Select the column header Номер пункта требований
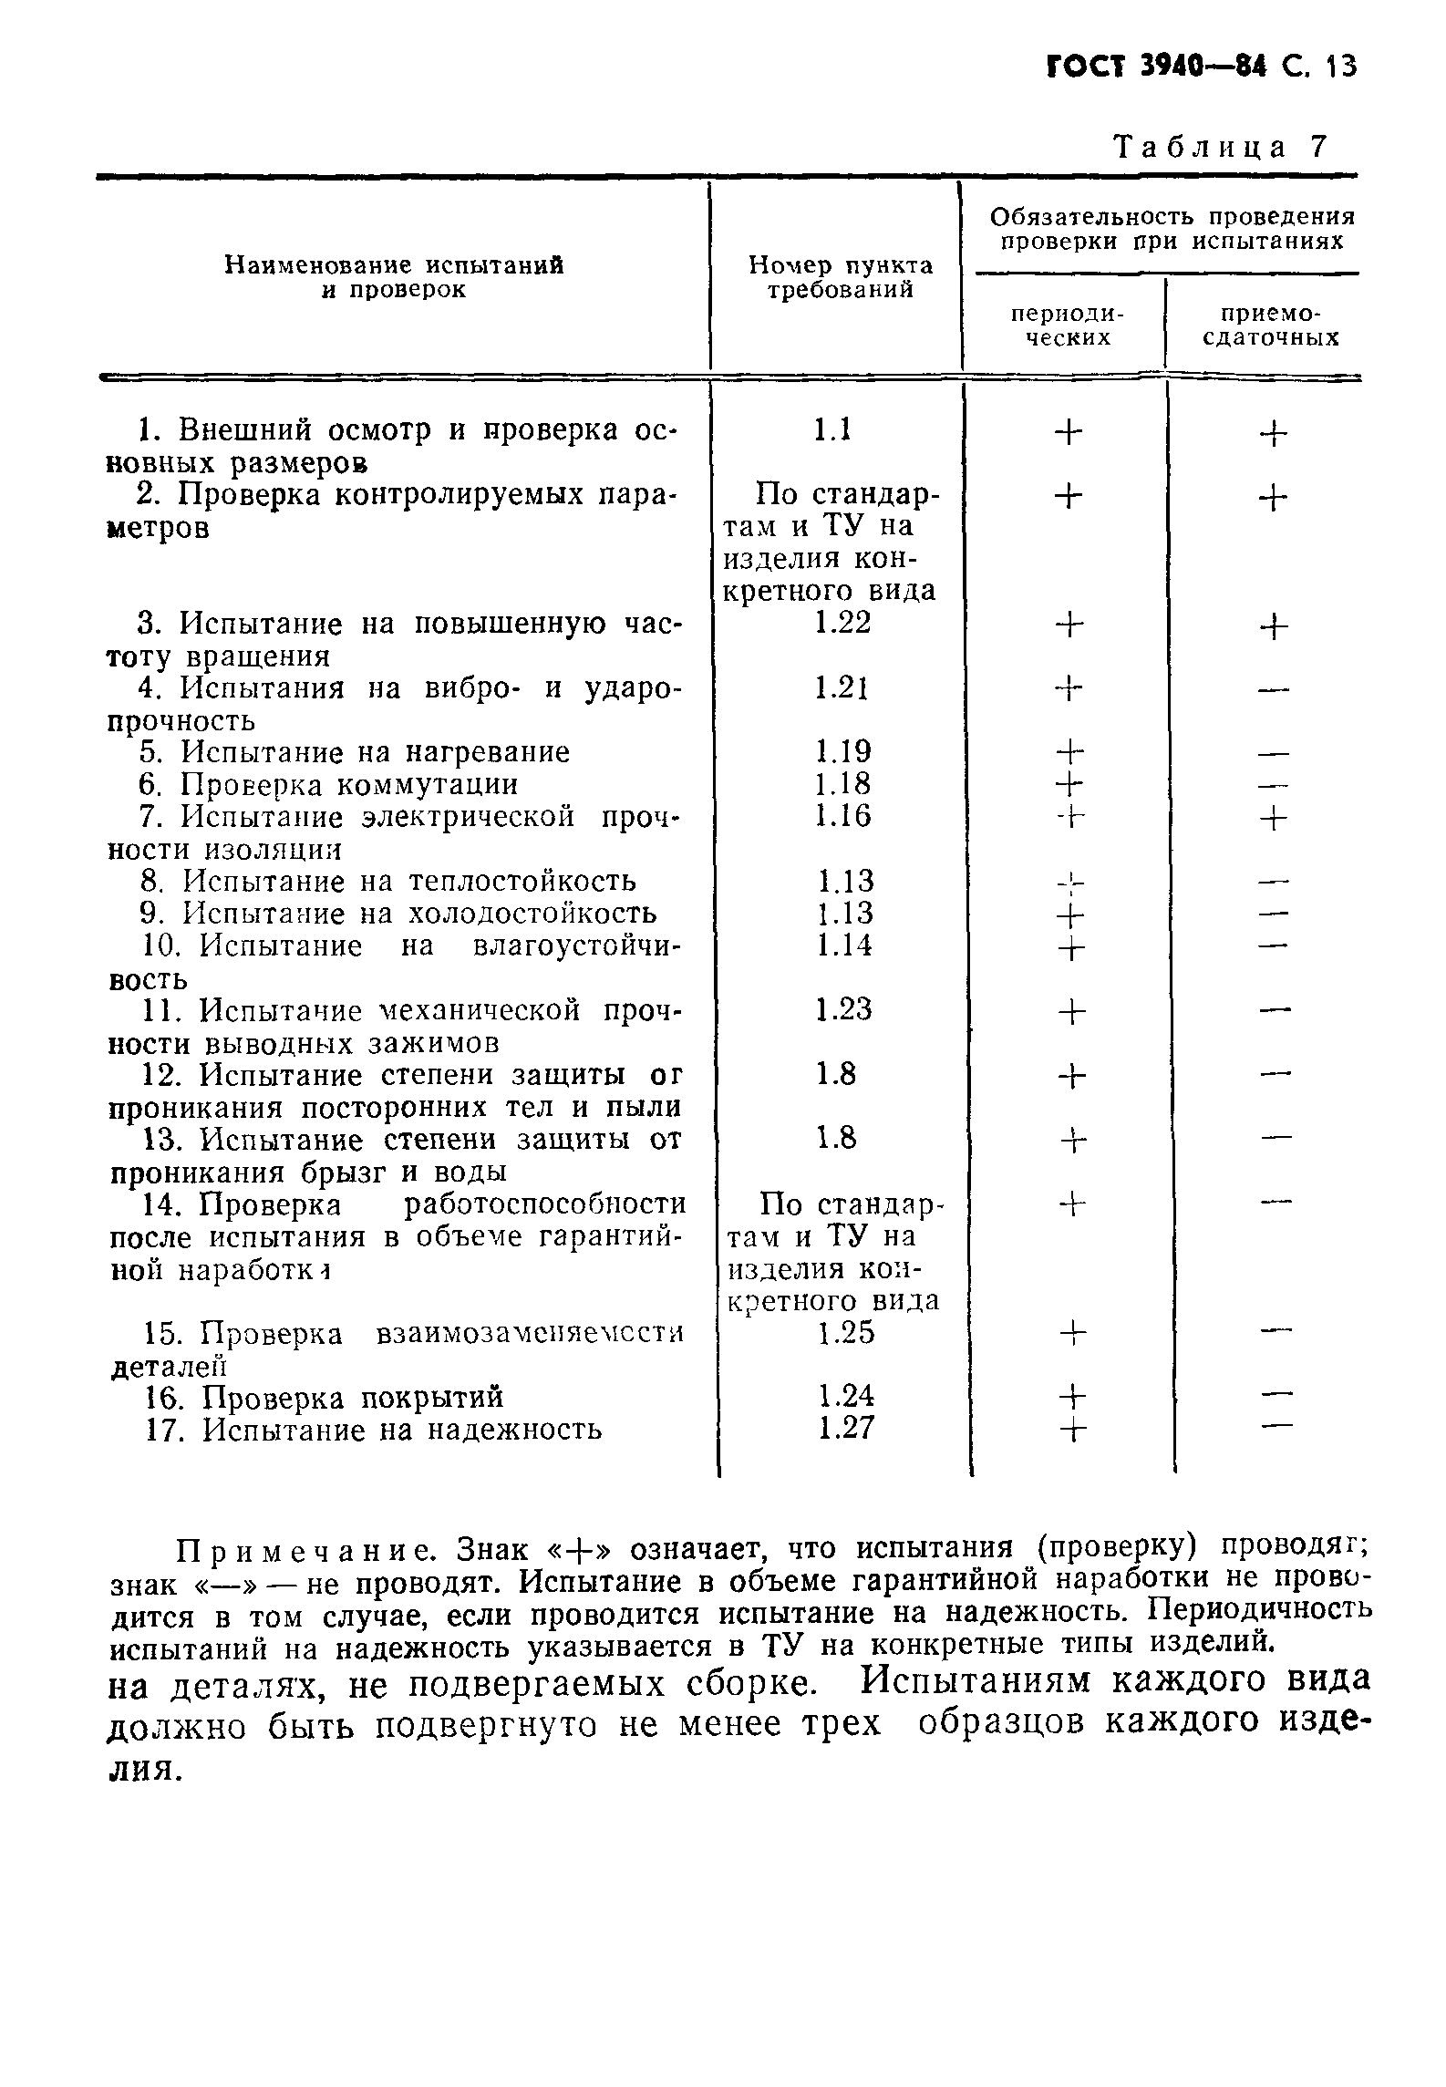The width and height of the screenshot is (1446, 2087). [x=840, y=277]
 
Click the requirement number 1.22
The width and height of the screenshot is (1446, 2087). [x=843, y=623]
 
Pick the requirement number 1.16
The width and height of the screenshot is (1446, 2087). [x=843, y=816]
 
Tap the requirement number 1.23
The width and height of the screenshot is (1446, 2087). [x=843, y=1009]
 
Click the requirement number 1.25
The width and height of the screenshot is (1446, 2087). [x=845, y=1333]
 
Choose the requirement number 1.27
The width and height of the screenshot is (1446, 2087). [x=845, y=1428]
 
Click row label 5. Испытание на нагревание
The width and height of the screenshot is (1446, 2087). [x=355, y=752]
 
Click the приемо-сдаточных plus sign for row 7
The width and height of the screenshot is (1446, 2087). [x=1274, y=819]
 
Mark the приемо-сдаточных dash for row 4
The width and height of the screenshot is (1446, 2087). [x=1274, y=690]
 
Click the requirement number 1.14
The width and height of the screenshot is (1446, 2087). [x=843, y=945]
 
